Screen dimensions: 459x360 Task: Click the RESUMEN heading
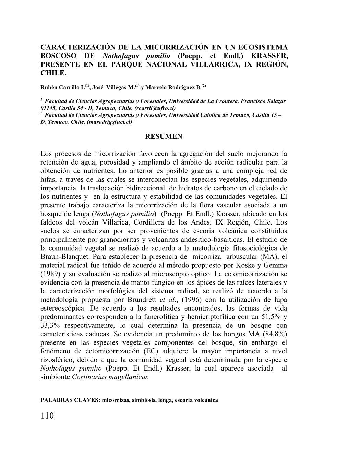tap(164, 136)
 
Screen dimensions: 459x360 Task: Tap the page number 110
tap(47, 416)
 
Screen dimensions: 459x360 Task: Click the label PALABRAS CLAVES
tap(70, 400)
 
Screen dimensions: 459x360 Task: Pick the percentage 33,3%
tap(52, 325)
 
